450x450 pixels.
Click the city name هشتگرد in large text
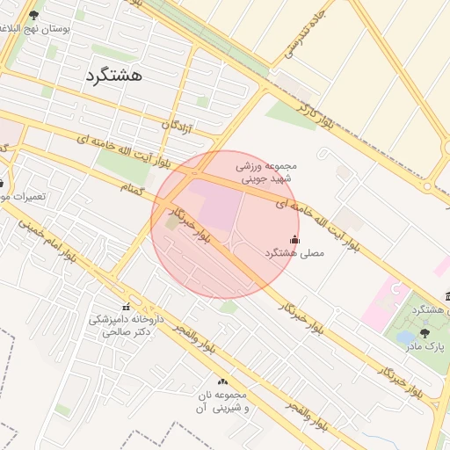pos(115,76)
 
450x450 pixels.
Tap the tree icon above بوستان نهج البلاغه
pos(34,15)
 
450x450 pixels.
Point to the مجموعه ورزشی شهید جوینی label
pos(267,170)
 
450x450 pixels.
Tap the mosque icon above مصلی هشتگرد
pos(294,239)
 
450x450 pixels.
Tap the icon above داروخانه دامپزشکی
pos(126,307)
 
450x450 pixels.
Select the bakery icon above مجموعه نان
pos(222,381)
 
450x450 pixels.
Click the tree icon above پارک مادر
pos(425,332)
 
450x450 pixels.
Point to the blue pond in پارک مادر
pos(404,337)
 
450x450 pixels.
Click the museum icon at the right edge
pos(446,295)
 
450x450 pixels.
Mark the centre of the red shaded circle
pos(225,224)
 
